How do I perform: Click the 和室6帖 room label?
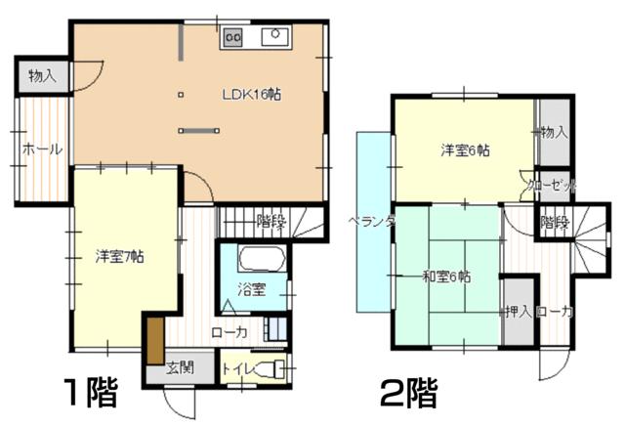click(x=445, y=277)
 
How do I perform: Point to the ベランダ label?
click(x=372, y=222)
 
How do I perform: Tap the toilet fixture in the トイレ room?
click(x=278, y=368)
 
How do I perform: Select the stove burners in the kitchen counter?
click(x=234, y=37)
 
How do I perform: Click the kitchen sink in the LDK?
click(x=273, y=37)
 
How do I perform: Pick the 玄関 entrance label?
click(x=178, y=369)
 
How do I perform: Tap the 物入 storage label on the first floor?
click(x=41, y=74)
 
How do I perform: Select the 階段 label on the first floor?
click(x=271, y=221)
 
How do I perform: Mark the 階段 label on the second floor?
click(x=554, y=222)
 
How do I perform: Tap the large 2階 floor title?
click(x=409, y=394)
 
